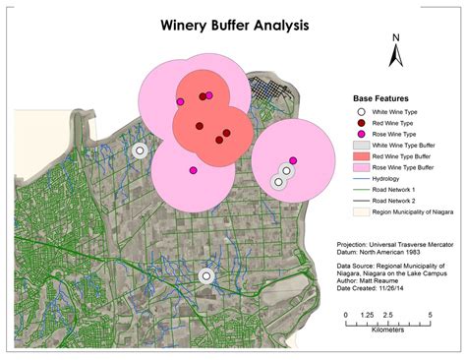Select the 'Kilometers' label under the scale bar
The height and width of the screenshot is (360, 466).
pyautogui.click(x=387, y=330)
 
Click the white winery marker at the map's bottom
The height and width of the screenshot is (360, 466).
pyautogui.click(x=206, y=276)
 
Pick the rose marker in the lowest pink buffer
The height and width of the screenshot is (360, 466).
pyautogui.click(x=193, y=170)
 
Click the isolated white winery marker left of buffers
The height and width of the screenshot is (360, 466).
pyautogui.click(x=140, y=150)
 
